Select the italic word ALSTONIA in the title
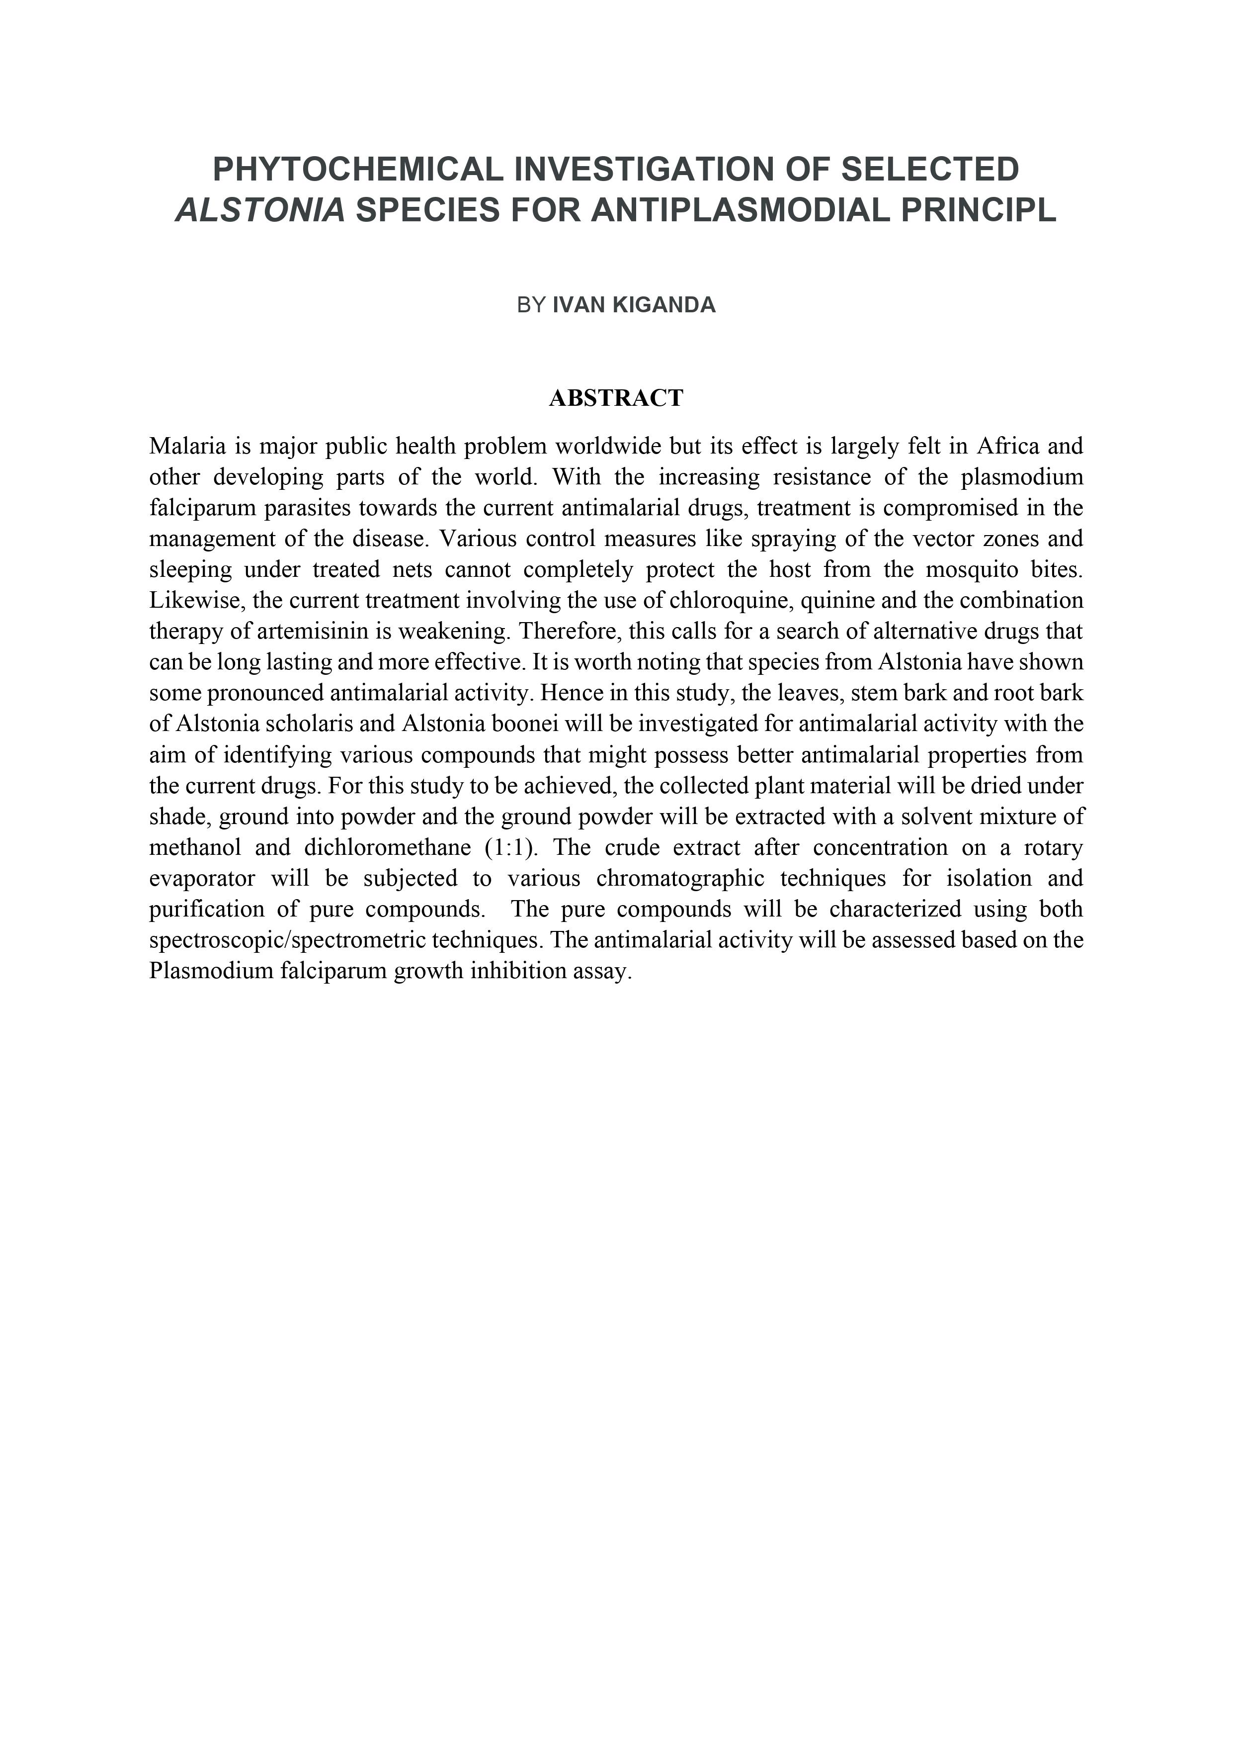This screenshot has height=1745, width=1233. (x=260, y=210)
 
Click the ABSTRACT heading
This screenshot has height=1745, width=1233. (x=616, y=397)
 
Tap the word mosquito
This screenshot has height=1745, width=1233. (x=971, y=569)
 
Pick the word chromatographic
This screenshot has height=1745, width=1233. (x=680, y=879)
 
